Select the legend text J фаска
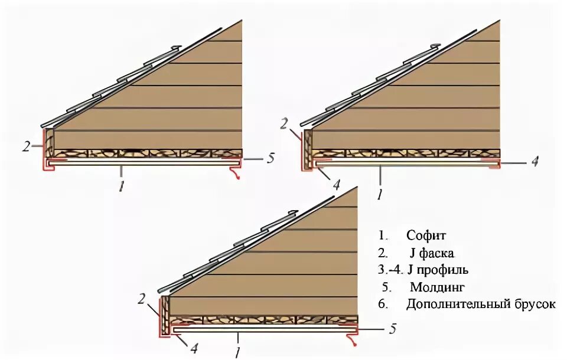tap(432, 253)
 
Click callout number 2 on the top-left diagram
tap(26, 146)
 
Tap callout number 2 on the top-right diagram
tap(284, 124)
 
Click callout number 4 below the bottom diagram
tap(194, 348)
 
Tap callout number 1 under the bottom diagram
tap(236, 353)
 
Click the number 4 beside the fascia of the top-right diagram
tap(336, 184)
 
